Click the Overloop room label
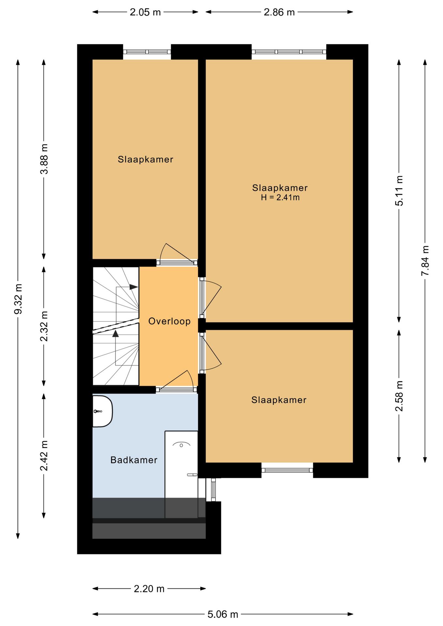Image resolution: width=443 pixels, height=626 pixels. pyautogui.click(x=169, y=321)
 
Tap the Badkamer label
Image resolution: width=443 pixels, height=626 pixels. pyautogui.click(x=134, y=460)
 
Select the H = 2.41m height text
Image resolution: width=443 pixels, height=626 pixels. pyautogui.click(x=280, y=197)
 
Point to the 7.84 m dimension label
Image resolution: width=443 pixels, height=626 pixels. pyautogui.click(x=425, y=261)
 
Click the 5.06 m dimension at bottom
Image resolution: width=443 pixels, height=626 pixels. pyautogui.click(x=223, y=614)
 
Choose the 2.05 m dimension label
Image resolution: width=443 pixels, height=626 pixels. pyautogui.click(x=145, y=12)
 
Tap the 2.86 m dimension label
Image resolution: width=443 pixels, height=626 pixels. pyautogui.click(x=279, y=12)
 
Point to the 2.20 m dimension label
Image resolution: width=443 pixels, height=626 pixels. pyautogui.click(x=149, y=589)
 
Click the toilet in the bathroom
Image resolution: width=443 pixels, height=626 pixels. pyautogui.click(x=102, y=411)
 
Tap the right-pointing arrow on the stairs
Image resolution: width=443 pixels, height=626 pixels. pyautogui.click(x=133, y=287)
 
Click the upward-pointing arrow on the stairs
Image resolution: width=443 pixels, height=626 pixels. pyautogui.click(x=115, y=334)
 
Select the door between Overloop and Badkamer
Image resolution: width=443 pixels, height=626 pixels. pyautogui.click(x=176, y=389)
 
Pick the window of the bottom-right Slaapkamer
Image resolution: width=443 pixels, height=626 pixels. pyautogui.click(x=287, y=470)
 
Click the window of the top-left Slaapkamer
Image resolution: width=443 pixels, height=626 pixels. pyautogui.click(x=147, y=52)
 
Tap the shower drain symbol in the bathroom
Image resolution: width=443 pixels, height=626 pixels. pyautogui.click(x=182, y=445)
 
